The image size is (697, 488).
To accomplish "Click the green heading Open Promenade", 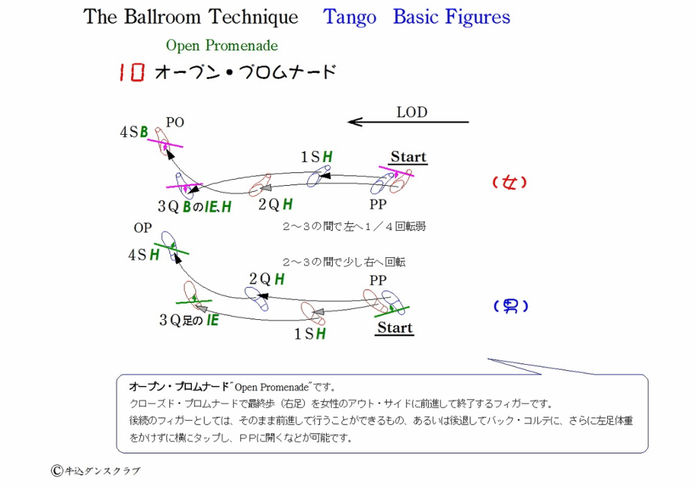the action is (222, 46).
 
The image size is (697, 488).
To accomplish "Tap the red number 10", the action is (131, 72).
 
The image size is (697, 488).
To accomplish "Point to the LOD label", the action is (412, 112).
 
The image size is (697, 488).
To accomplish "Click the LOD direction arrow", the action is (408, 122).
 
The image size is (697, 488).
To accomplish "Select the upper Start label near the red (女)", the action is (408, 157).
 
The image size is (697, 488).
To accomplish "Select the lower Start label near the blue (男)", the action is (395, 328).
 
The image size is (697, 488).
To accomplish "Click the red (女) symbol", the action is (510, 182).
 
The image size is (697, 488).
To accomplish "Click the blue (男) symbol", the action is (510, 306).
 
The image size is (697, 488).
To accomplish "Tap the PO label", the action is (175, 123).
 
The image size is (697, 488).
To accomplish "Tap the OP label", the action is (143, 228).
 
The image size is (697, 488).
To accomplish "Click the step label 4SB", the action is (134, 132).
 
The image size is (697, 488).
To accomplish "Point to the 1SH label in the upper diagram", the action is (317, 157).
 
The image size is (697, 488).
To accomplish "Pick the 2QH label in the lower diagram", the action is (267, 279).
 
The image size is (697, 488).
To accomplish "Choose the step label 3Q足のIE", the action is (189, 320).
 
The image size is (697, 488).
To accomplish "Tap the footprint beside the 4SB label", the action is (163, 142).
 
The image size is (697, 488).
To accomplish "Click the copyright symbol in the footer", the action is (56, 471).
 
